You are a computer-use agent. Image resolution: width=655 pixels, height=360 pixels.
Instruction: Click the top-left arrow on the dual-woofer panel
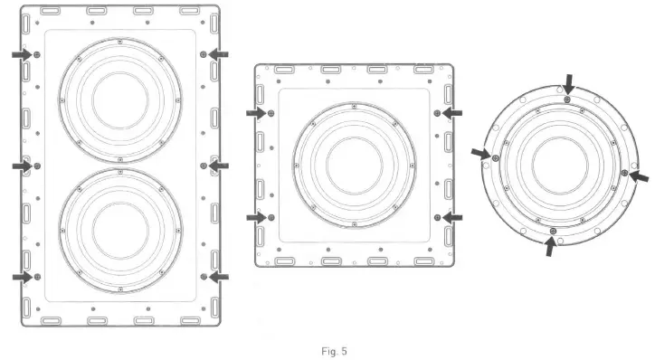[x=21, y=55]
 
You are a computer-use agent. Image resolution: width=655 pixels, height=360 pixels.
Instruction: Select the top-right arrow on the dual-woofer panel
[x=219, y=55]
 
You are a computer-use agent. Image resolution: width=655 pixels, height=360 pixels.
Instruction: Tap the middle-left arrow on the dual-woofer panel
[x=21, y=166]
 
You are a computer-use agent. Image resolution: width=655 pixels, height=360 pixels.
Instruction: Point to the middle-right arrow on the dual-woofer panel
[x=219, y=166]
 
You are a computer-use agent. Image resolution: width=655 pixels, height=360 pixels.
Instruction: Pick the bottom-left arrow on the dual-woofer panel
[x=21, y=277]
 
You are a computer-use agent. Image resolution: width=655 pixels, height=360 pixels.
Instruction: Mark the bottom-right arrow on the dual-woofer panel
[x=219, y=277]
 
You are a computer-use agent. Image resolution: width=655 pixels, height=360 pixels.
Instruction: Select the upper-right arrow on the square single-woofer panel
[x=452, y=113]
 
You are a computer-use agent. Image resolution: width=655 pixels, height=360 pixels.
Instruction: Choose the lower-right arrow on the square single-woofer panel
[x=452, y=218]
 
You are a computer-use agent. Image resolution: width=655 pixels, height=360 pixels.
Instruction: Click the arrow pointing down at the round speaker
[x=568, y=85]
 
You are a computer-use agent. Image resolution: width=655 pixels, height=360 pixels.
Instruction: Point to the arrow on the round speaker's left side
[x=480, y=153]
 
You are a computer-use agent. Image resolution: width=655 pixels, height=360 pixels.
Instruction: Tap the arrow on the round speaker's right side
[x=639, y=175]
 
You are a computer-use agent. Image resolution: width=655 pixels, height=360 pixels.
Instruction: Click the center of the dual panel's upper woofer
[x=119, y=94]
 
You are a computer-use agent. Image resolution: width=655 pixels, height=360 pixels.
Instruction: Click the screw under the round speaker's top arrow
[x=567, y=99]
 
